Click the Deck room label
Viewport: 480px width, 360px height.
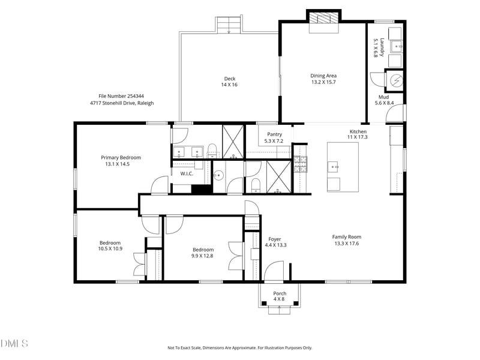[x=230, y=79]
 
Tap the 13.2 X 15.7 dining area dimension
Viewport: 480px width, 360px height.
[x=323, y=82]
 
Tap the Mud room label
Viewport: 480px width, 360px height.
[x=383, y=97]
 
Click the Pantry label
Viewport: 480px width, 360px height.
[x=273, y=134]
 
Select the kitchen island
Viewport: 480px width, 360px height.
[x=342, y=167]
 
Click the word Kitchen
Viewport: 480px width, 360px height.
[x=358, y=131]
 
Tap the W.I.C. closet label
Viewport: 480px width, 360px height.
[x=186, y=173]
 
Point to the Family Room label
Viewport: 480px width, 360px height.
[x=347, y=236]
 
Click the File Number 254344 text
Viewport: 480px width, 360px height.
[x=121, y=96]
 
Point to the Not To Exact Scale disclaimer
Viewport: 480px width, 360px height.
[x=239, y=347]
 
